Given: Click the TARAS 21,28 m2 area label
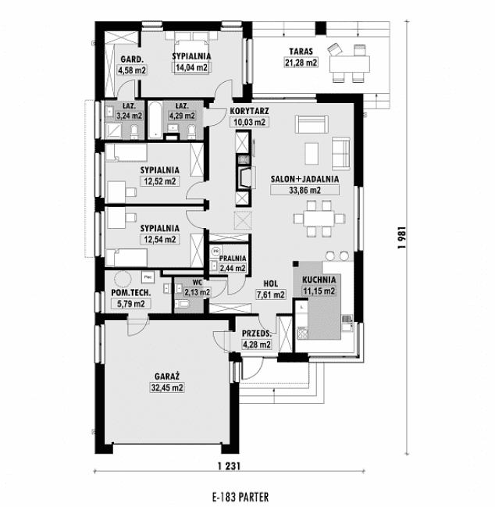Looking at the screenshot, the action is tap(301, 62).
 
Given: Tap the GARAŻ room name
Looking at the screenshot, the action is tap(167, 377).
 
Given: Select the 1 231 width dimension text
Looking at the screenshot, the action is tap(229, 466).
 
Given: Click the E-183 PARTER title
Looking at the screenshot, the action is tap(240, 497).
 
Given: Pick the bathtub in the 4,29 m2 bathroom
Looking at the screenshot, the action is tap(155, 120).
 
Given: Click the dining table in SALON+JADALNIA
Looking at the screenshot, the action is tap(319, 219).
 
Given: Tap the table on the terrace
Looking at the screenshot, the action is tap(350, 64).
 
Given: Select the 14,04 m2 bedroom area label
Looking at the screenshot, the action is tap(191, 68).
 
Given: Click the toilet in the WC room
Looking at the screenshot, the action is tap(182, 304).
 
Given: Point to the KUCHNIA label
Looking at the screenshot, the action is tap(319, 280).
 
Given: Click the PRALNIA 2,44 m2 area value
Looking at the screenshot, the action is tap(233, 268).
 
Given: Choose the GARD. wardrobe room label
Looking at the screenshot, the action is tap(132, 59).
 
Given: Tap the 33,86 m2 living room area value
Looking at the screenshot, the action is tap(304, 190).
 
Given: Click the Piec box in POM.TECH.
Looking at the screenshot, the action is tap(148, 277).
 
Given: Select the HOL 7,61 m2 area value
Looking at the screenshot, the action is tap(270, 295).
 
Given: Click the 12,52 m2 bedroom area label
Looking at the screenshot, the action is tap(159, 181).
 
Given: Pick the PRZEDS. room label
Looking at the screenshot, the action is tap(257, 334).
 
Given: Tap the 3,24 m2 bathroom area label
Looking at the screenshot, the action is tap(129, 116).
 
